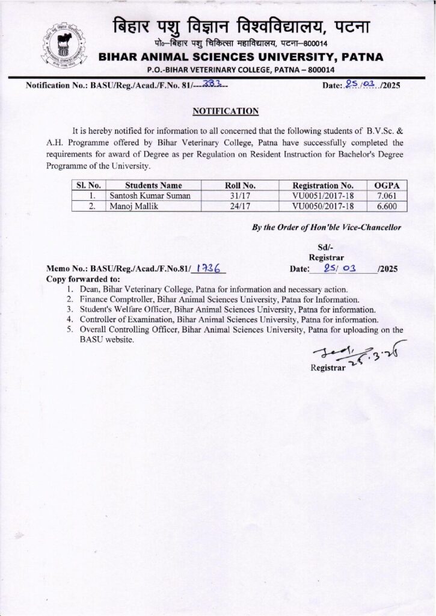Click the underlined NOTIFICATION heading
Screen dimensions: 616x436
click(226, 111)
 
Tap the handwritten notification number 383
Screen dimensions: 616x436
click(210, 85)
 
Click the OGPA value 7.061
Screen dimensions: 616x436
click(387, 196)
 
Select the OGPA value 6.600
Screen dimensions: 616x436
click(387, 206)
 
